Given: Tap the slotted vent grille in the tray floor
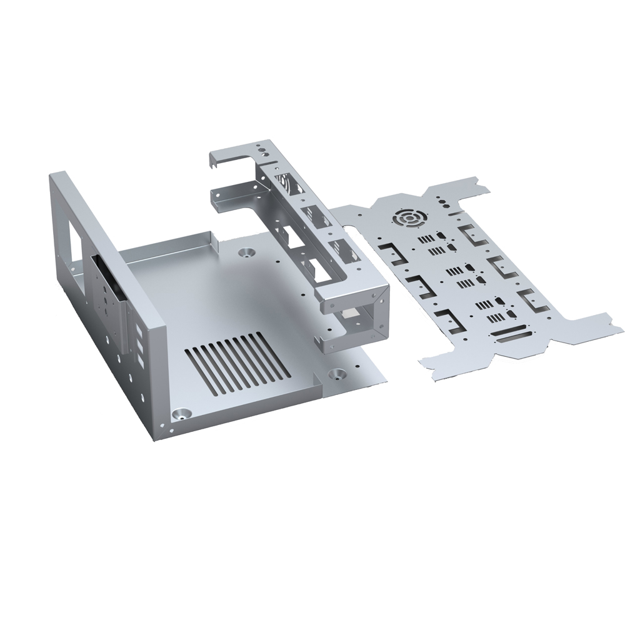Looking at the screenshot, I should coord(237,363).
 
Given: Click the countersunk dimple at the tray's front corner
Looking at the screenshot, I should coord(181,414).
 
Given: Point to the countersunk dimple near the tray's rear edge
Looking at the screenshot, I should coord(246,253).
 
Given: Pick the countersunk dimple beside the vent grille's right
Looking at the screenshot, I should coord(338,374).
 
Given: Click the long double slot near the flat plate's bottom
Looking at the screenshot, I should coord(514,337).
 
